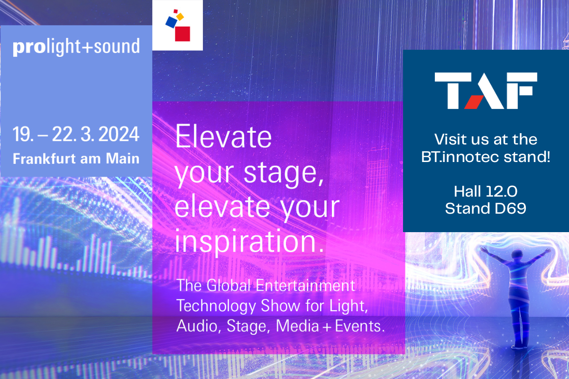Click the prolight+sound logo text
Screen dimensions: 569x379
pyautogui.click(x=76, y=47)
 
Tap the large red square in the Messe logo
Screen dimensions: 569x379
pyautogui.click(x=183, y=34)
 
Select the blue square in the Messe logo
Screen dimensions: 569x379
pyautogui.click(x=172, y=22)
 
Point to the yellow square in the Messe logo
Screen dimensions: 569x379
pyautogui.click(x=180, y=17)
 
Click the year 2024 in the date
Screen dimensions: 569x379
pyautogui.click(x=119, y=134)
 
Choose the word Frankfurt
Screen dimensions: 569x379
pyautogui.click(x=45, y=159)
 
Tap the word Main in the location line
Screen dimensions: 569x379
pyautogui.click(x=123, y=159)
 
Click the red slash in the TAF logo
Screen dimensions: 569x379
pyautogui.click(x=474, y=102)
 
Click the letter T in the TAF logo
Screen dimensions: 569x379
pyautogui.click(x=453, y=90)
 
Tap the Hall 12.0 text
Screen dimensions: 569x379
pyautogui.click(x=486, y=191)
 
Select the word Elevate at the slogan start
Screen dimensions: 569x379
pyautogui.click(x=223, y=136)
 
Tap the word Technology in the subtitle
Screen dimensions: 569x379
pyautogui.click(x=216, y=306)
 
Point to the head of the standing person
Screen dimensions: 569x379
pyautogui.click(x=517, y=254)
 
